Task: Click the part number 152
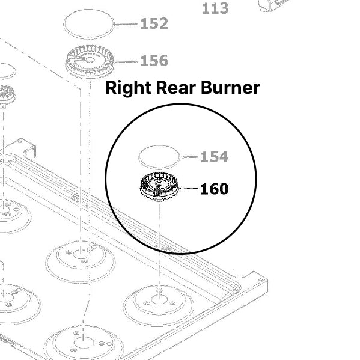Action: click(154, 23)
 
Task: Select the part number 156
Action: click(154, 61)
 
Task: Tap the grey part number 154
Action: click(215, 157)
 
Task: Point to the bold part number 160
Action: click(215, 189)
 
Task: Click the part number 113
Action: click(215, 8)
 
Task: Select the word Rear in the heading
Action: click(176, 88)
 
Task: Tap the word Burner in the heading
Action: click(230, 88)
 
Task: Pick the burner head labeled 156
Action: click(90, 61)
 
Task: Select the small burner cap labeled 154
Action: click(159, 157)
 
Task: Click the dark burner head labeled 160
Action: click(159, 187)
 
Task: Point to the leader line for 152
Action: click(126, 24)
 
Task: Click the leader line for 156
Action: click(126, 62)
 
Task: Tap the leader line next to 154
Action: click(189, 157)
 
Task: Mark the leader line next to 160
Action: click(188, 188)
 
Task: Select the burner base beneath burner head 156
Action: click(81, 261)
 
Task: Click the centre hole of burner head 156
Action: click(90, 60)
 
